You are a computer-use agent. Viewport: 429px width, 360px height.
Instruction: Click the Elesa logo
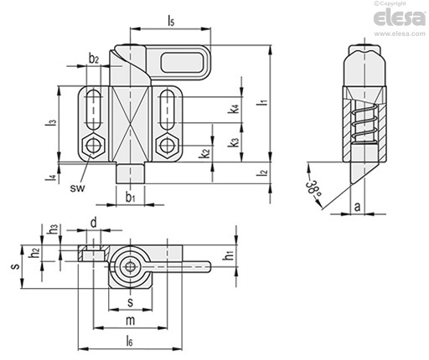click(x=400, y=18)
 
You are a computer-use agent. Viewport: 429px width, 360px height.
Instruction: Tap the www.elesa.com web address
click(x=400, y=33)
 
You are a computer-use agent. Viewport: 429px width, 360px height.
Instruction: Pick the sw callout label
click(x=77, y=188)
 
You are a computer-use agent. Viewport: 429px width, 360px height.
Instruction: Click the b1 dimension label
click(x=130, y=198)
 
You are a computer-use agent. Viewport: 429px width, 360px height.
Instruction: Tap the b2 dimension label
click(x=94, y=59)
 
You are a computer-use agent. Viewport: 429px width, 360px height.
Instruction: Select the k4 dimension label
click(x=234, y=109)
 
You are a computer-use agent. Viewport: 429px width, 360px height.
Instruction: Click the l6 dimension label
click(x=129, y=341)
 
